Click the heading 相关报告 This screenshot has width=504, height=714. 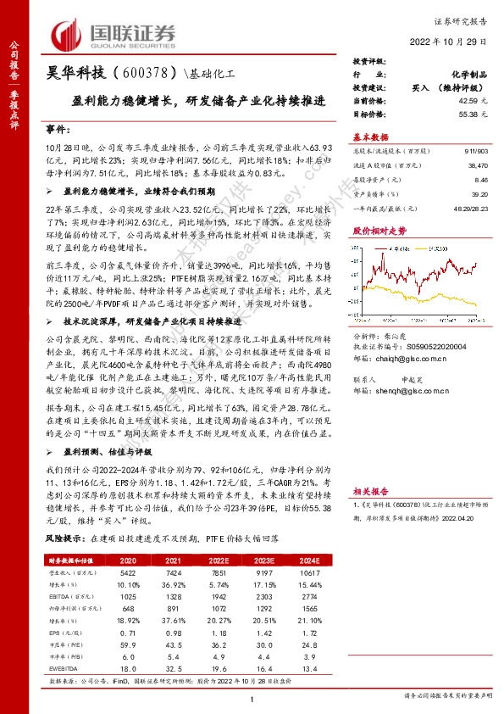[370, 491]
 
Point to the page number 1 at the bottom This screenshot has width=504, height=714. [252, 699]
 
